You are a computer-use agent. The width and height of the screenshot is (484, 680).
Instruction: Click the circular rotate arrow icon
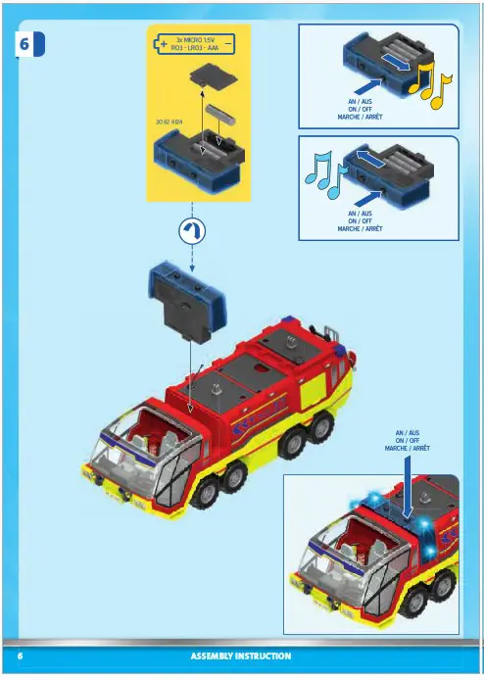point(192,230)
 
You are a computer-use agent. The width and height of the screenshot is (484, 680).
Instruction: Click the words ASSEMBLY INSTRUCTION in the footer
point(240,656)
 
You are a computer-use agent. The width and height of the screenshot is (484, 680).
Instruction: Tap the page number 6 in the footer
point(20,656)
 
